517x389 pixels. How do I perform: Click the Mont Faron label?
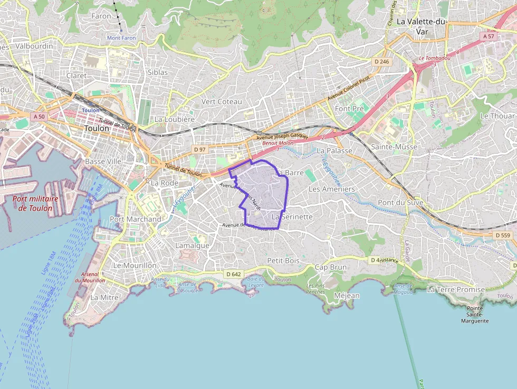pyautogui.click(x=121, y=38)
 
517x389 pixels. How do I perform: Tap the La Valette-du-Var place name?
pyautogui.click(x=422, y=26)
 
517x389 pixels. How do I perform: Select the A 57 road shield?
pyautogui.click(x=489, y=36)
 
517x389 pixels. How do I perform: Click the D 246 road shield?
pyautogui.click(x=381, y=62)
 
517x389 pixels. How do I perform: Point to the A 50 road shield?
pyautogui.click(x=37, y=117)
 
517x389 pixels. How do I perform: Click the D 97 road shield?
pyautogui.click(x=199, y=150)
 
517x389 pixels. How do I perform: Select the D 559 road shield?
pyautogui.click(x=503, y=235)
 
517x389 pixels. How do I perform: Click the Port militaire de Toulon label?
pyautogui.click(x=35, y=203)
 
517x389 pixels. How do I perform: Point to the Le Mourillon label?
pyautogui.click(x=135, y=265)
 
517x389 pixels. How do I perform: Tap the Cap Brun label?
pyautogui.click(x=331, y=267)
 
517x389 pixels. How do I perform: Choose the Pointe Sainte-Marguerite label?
pyautogui.click(x=475, y=314)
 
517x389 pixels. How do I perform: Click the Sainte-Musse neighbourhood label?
pyautogui.click(x=394, y=147)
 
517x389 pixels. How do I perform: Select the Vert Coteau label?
pyautogui.click(x=222, y=101)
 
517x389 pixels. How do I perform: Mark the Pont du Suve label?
pyautogui.click(x=400, y=203)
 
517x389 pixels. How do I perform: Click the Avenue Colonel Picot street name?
pyautogui.click(x=349, y=88)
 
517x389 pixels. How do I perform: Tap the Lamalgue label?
pyautogui.click(x=192, y=245)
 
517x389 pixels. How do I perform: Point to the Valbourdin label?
pyautogui.click(x=34, y=46)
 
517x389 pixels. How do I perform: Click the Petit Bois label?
pyautogui.click(x=283, y=260)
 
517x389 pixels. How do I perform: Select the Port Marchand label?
pyautogui.click(x=136, y=219)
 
